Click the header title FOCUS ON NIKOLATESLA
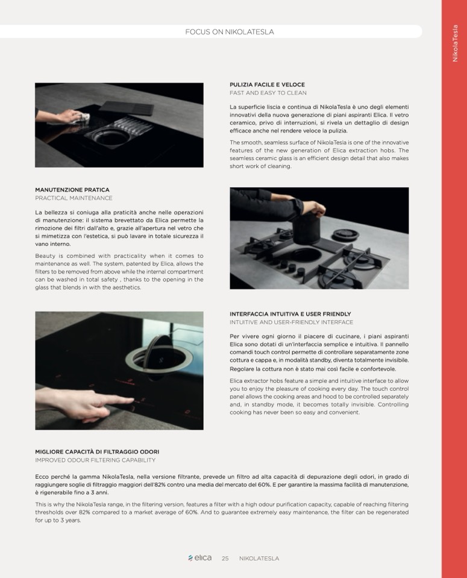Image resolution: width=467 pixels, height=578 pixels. [x=229, y=32]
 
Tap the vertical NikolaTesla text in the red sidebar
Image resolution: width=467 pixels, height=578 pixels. [x=455, y=43]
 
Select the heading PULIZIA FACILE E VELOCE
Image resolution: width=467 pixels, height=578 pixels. [x=267, y=84]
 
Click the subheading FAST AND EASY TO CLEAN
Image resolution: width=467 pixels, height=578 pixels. [x=268, y=93]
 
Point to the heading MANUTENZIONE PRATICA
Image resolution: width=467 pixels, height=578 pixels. [x=72, y=190]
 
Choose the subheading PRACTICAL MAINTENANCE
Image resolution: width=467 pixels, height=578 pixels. [x=74, y=198]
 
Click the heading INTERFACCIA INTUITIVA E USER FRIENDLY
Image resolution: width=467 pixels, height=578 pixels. [x=290, y=314]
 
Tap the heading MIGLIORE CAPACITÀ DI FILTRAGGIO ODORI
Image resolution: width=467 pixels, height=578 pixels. [x=97, y=451]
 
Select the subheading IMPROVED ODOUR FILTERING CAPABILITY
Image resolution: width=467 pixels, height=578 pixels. [x=95, y=460]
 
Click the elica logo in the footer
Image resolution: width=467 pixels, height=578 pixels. [x=200, y=558]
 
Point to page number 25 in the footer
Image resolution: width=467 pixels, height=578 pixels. [x=225, y=559]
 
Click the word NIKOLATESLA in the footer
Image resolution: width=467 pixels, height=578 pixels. [x=259, y=559]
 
